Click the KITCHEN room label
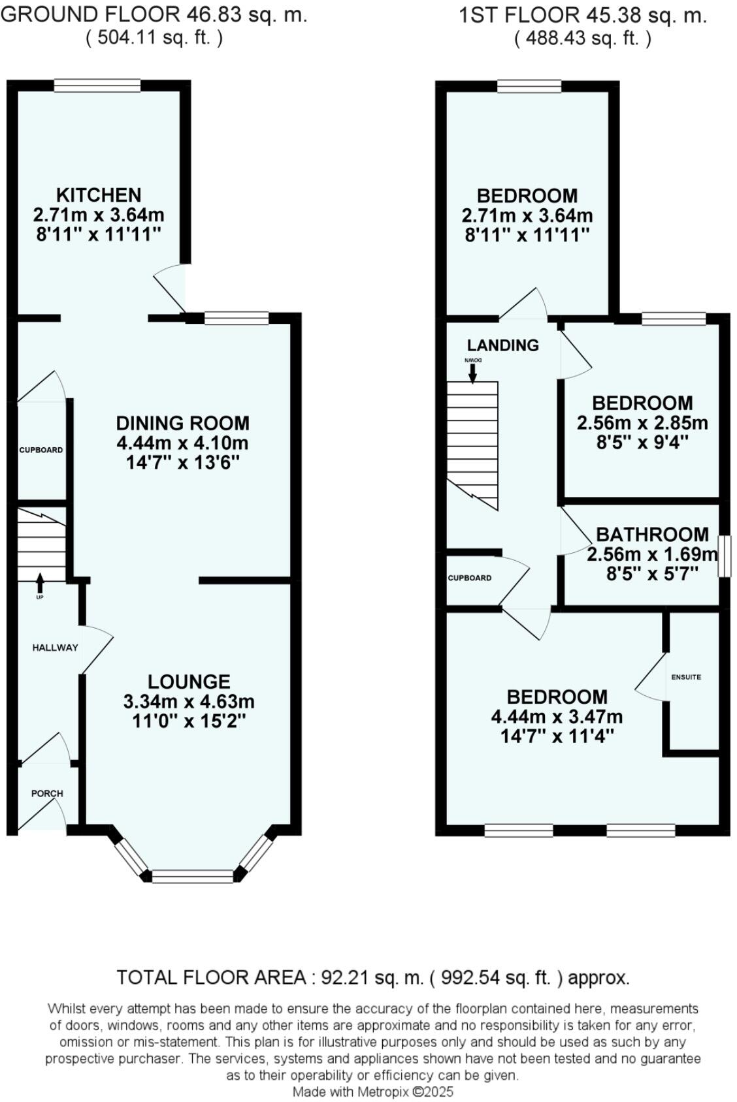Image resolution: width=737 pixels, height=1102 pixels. tap(99, 195)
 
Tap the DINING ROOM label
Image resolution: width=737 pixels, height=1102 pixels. tap(183, 423)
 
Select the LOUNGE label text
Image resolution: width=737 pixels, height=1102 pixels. tap(189, 682)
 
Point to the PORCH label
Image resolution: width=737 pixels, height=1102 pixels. tap(47, 793)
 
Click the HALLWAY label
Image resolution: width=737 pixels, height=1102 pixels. tap(56, 648)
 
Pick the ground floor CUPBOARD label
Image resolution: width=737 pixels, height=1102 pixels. tap(41, 450)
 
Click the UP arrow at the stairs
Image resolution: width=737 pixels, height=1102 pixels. tap(40, 580)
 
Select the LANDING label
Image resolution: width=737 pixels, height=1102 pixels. tap(503, 345)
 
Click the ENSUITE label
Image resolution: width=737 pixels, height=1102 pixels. tap(686, 677)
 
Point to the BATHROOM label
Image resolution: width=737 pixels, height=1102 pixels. tap(652, 535)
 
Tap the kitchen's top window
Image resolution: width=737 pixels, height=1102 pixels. tap(97, 86)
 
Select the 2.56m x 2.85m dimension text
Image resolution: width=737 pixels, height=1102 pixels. tap(642, 423)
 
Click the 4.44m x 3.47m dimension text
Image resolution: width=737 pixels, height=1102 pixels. tap(557, 717)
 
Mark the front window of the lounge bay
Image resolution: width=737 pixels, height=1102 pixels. tap(192, 876)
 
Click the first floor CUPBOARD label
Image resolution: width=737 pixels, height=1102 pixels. tap(470, 578)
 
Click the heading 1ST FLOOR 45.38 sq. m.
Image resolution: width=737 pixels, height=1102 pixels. tap(583, 16)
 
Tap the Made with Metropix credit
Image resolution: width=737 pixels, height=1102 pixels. tap(372, 1092)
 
